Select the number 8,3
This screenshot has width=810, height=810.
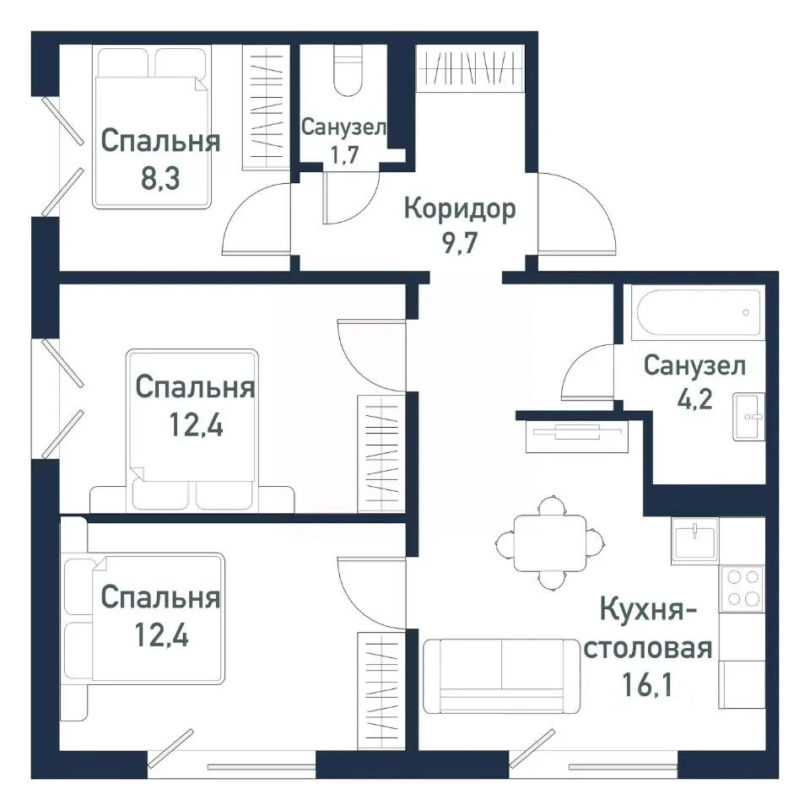pyautogui.click(x=160, y=179)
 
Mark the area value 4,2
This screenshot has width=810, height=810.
pyautogui.click(x=694, y=397)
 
